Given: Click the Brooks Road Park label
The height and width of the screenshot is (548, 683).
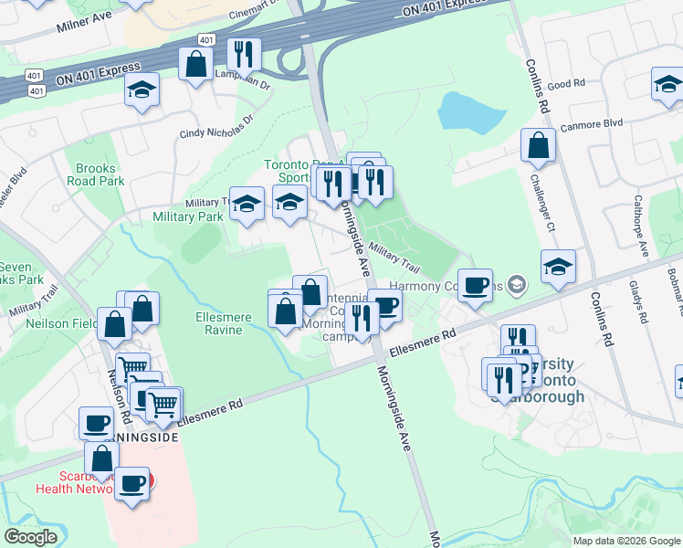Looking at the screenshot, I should tap(95, 174).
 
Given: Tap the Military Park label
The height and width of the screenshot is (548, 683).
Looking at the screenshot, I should tap(188, 216).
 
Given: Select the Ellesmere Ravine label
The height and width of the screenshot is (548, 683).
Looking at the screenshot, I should tap(218, 323).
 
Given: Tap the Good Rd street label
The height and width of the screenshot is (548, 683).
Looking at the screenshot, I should tap(566, 84).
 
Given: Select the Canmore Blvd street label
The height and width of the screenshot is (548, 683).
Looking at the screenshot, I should tap(591, 125).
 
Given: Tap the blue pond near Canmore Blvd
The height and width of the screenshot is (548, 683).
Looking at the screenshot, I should tap(471, 111).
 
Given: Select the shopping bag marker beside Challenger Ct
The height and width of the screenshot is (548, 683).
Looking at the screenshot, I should tap(539, 145).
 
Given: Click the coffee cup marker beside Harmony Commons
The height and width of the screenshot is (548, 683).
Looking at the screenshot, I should tap(475, 285).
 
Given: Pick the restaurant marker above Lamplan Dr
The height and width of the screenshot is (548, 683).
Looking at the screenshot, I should tap(244, 54).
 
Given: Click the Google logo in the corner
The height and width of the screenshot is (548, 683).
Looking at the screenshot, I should tap(30, 537).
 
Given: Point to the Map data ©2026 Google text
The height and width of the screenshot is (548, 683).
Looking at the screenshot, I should tap(625, 541).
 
